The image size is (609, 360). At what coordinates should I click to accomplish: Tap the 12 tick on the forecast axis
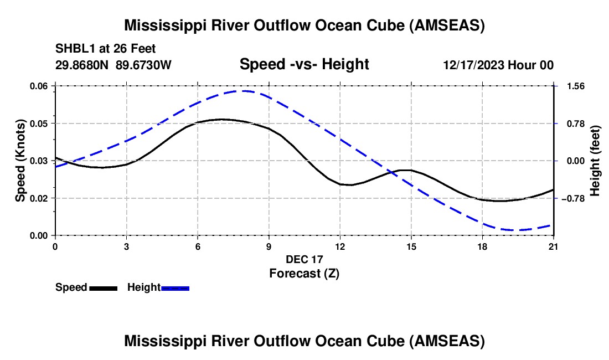[340, 246]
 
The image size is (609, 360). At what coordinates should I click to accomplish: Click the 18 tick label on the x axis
[482, 246]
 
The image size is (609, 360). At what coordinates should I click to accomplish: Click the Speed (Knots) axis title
[20, 161]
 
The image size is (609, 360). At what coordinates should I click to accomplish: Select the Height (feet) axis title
[595, 161]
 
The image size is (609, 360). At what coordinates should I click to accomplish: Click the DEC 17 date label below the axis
[304, 259]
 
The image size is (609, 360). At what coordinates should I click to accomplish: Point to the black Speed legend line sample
[103, 288]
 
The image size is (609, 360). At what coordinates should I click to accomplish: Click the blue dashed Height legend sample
[176, 288]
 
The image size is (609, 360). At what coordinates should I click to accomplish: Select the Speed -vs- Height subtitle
[304, 64]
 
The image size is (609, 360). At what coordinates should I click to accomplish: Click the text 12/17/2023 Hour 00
[498, 65]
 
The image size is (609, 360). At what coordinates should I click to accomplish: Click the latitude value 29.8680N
[82, 65]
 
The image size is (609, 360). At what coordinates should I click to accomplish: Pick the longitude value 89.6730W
[144, 65]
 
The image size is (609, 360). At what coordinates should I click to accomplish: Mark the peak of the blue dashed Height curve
[244, 91]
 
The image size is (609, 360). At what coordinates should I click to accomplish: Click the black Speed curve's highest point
[221, 119]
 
